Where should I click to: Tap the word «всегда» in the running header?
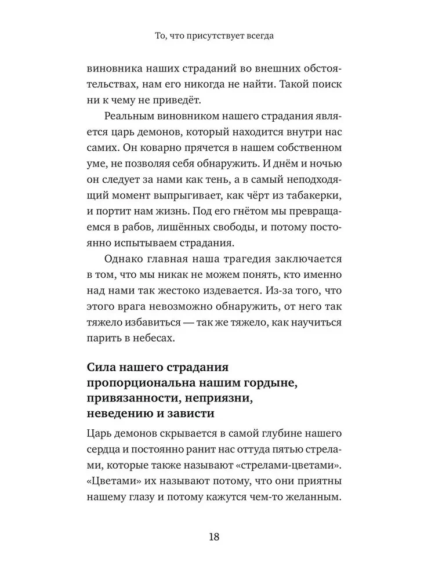[257, 35]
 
